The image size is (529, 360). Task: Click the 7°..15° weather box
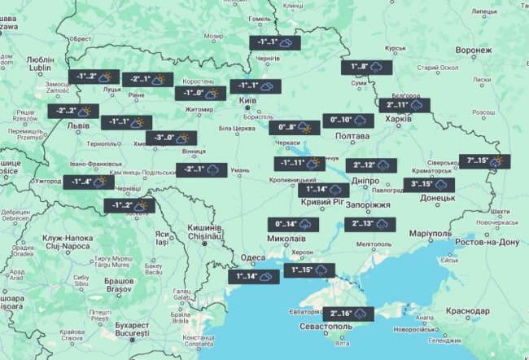pos(484,160)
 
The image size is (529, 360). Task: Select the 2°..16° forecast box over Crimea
pos(352,313)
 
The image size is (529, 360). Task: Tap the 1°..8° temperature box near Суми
pos(370,68)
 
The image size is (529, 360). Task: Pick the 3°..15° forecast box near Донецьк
pos(431,184)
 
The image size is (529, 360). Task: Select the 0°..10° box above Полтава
pos(348,121)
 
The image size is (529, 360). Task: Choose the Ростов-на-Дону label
pos(487,243)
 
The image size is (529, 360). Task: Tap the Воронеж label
pos(474,50)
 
